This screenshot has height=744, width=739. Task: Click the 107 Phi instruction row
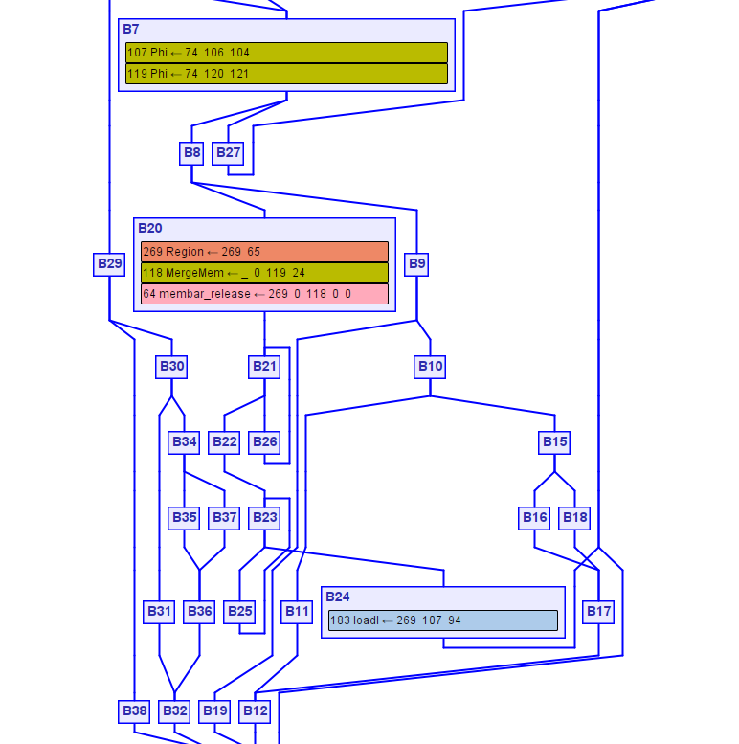[x=286, y=53]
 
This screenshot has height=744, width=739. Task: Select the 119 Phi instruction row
[x=286, y=74]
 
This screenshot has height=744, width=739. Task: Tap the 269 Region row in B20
[x=264, y=252]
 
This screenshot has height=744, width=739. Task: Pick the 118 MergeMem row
[x=264, y=273]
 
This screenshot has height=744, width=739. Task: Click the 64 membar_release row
[x=264, y=294]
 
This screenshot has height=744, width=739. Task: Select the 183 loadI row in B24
[x=442, y=620]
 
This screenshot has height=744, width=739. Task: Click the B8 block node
[x=192, y=152]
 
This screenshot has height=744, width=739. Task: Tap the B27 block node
[x=228, y=152]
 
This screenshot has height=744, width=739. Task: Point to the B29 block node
[x=109, y=263]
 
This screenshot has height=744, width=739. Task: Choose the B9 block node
[x=416, y=263]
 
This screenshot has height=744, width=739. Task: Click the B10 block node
[x=430, y=366]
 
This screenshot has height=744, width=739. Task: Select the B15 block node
[x=554, y=441]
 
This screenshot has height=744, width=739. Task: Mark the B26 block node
[x=264, y=441]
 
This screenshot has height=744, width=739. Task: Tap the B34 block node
[x=184, y=441]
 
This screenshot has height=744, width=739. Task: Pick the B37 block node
[x=224, y=517]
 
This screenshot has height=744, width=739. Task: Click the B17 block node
[x=598, y=611]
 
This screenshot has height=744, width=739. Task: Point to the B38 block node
[x=134, y=710]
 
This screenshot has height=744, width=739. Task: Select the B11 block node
[x=297, y=611]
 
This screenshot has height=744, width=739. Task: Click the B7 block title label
[x=131, y=29]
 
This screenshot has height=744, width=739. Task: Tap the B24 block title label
[x=338, y=597]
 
